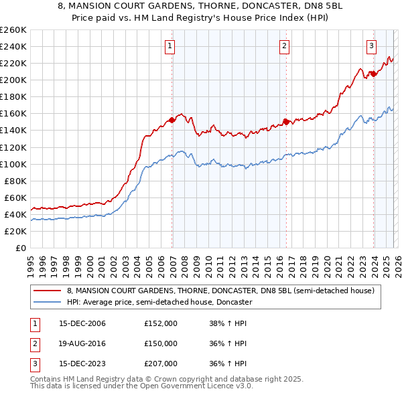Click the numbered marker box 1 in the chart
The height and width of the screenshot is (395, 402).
coord(170,46)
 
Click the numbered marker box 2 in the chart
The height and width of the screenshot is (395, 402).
coord(285,46)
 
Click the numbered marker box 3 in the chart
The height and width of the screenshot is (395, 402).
coord(371,46)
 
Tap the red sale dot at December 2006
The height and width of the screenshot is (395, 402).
coord(172,120)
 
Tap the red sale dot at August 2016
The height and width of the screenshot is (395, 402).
coord(286,122)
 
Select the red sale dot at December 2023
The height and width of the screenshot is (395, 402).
coord(373,74)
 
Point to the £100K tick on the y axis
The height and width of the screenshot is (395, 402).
coord(13,164)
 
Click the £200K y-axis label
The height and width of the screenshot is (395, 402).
coord(13,80)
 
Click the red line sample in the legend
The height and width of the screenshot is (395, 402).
coord(48,291)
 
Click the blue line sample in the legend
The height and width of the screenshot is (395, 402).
coord(48,302)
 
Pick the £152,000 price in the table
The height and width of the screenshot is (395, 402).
coord(161,323)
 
